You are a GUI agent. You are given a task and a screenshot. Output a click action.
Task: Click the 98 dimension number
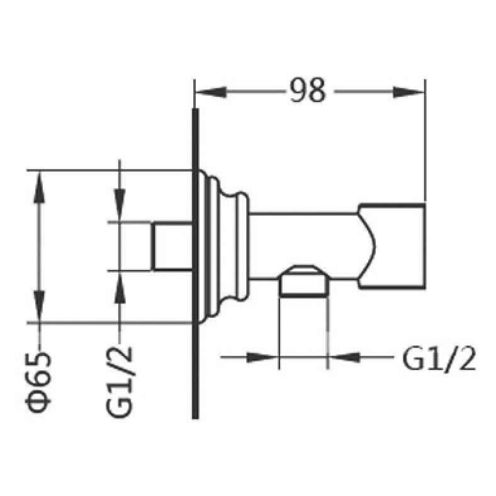coord(307,91)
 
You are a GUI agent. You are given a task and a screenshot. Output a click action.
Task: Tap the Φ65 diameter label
coord(38,382)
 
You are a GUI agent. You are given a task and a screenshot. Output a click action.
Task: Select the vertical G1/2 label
coord(119,382)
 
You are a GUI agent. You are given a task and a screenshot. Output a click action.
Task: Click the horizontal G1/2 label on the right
coord(439,360)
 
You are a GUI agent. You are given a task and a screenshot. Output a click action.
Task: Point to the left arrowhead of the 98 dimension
coord(211,93)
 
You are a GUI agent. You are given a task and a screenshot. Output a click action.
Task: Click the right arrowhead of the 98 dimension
coord(408,93)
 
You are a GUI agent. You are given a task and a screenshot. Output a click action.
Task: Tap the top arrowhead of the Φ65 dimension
coord(39,187)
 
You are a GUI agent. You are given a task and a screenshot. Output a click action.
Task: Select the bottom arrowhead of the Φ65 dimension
coord(39,307)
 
